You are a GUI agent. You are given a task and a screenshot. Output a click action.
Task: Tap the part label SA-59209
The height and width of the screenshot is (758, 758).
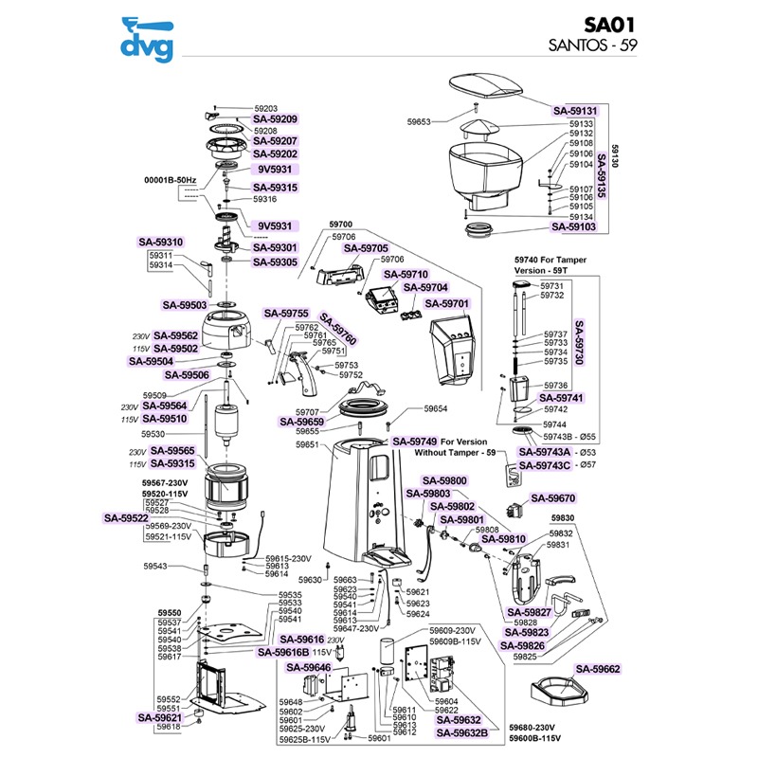(275, 119)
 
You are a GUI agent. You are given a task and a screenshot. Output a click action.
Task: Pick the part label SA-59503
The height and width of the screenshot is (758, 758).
(185, 305)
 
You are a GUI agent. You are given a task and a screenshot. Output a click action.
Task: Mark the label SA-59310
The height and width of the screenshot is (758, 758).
(162, 242)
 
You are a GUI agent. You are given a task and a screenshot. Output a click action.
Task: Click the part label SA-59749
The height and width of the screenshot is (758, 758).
(415, 442)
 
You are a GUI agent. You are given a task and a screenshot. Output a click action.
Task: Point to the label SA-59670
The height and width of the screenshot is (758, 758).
(554, 497)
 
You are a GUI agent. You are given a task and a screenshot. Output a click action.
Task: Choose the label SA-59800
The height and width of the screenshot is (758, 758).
(444, 480)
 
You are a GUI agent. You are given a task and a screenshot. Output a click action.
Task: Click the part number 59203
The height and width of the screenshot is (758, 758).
(265, 108)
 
